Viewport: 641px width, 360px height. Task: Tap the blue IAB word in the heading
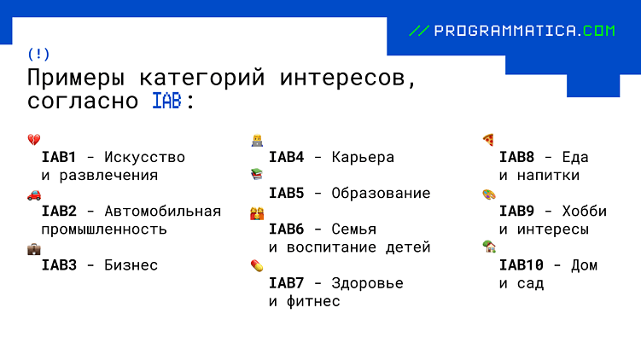166,102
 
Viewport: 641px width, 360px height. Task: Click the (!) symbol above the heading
38,54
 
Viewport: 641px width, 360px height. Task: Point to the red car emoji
34,195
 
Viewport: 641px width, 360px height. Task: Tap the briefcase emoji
34,249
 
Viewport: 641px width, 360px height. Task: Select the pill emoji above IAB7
256,266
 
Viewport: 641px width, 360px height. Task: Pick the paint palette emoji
488,195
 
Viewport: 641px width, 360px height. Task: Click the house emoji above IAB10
489,247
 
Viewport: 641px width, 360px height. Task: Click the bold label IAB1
59,158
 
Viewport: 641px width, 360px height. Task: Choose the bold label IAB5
286,194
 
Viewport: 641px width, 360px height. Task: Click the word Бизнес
131,265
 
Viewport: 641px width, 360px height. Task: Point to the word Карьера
363,158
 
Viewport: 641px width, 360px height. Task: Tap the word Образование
381,194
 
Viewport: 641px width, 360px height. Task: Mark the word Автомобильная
162,212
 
